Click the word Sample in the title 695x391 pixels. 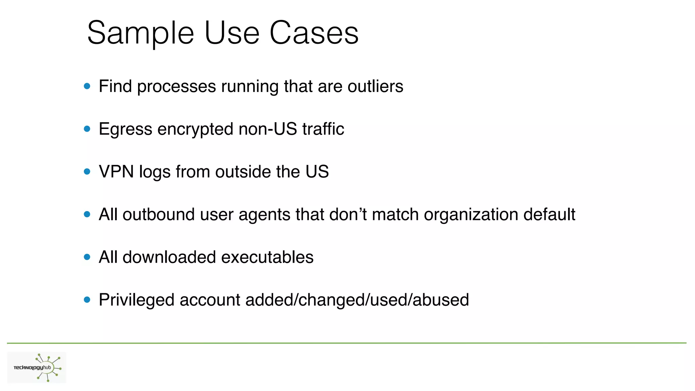[140, 33]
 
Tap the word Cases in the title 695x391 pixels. [314, 33]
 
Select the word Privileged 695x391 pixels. [136, 300]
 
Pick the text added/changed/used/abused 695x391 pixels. [357, 300]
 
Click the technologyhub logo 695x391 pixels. [37, 368]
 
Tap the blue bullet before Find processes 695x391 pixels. [87, 86]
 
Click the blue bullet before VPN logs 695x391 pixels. [87, 172]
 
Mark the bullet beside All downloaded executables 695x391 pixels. [87, 257]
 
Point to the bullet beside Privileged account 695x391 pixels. [87, 300]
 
